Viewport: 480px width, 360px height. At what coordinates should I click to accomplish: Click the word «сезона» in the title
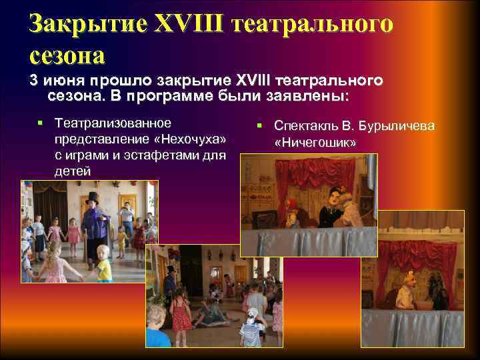coord(67,55)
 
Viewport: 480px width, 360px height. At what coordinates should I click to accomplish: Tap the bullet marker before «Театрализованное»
coord(41,123)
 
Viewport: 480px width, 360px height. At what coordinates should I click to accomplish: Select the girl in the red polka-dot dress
coord(180,314)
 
